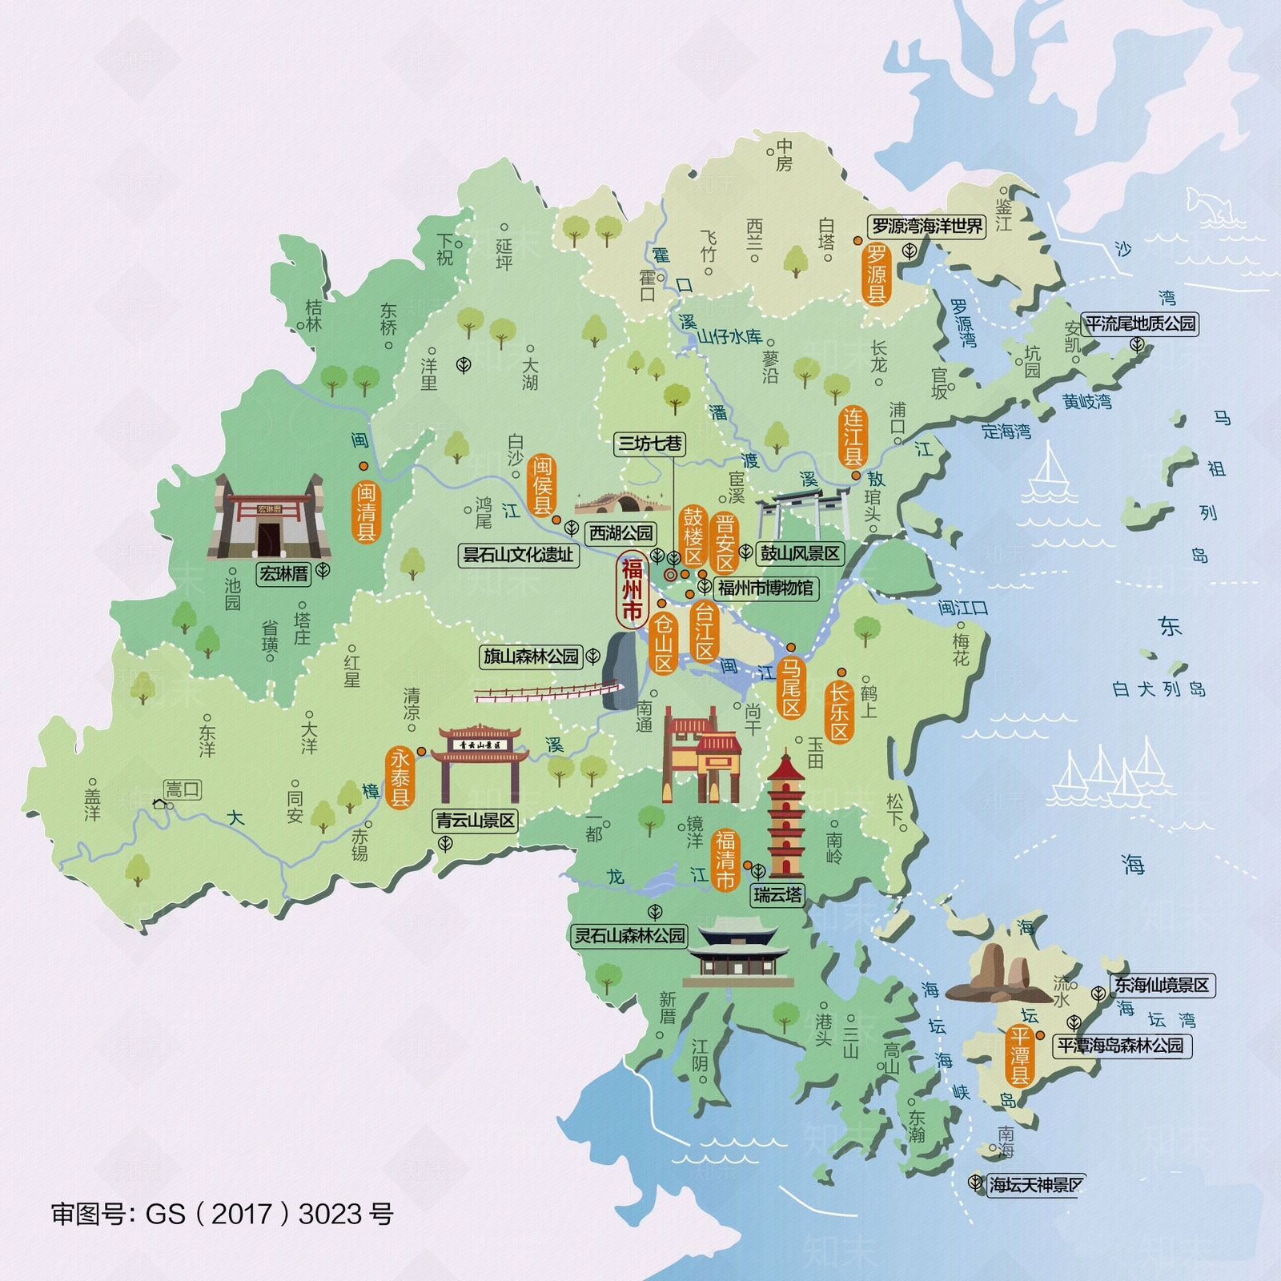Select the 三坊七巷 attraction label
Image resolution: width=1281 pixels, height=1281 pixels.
(650, 444)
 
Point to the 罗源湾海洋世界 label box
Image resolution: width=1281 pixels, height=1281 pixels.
(926, 227)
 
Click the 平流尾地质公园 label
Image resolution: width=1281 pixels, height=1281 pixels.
(1140, 324)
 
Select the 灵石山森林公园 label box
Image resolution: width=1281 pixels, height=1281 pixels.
(630, 935)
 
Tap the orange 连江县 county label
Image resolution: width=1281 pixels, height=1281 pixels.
(853, 437)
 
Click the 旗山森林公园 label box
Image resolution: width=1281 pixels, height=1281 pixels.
(531, 657)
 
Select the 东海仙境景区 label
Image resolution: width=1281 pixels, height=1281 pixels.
(1162, 986)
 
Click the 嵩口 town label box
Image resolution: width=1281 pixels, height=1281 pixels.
(182, 789)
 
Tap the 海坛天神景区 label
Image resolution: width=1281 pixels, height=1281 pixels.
(1035, 1185)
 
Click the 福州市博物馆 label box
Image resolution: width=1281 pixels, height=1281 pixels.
(765, 588)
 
